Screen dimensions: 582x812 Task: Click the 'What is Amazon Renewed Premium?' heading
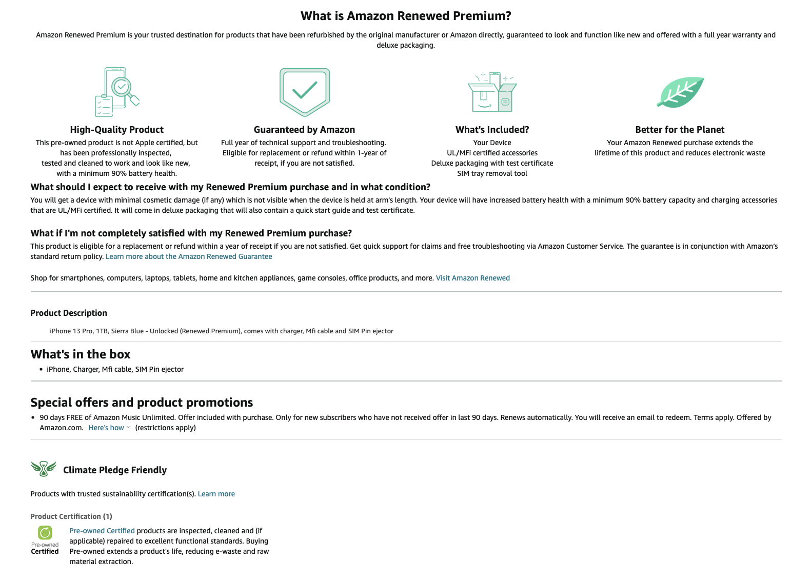[x=406, y=16]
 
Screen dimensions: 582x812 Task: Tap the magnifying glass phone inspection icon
[x=117, y=92]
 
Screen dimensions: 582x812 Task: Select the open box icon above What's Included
[x=492, y=92]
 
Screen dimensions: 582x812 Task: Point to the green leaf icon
[x=680, y=92]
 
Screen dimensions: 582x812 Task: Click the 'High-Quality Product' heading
[x=117, y=130]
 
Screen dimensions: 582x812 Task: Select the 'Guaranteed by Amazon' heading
[x=304, y=130]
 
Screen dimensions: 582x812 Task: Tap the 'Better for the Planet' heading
[x=680, y=130]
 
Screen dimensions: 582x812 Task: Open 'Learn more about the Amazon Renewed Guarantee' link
[x=189, y=256]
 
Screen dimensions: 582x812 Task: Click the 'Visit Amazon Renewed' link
[x=472, y=278]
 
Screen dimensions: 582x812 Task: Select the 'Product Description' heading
[x=69, y=313]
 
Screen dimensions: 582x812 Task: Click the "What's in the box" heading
[x=81, y=354]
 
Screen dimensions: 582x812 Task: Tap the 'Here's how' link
[x=107, y=428]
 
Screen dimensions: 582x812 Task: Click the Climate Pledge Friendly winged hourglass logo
[x=44, y=469]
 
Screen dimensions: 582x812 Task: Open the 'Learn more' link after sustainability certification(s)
[x=216, y=494]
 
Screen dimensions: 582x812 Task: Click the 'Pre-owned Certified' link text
[x=102, y=531]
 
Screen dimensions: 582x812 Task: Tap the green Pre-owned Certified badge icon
[x=45, y=533]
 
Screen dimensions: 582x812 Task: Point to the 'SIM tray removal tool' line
[x=492, y=173]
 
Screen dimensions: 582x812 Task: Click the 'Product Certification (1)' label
[x=71, y=516]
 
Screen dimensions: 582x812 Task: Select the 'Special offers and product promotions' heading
[x=142, y=403]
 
